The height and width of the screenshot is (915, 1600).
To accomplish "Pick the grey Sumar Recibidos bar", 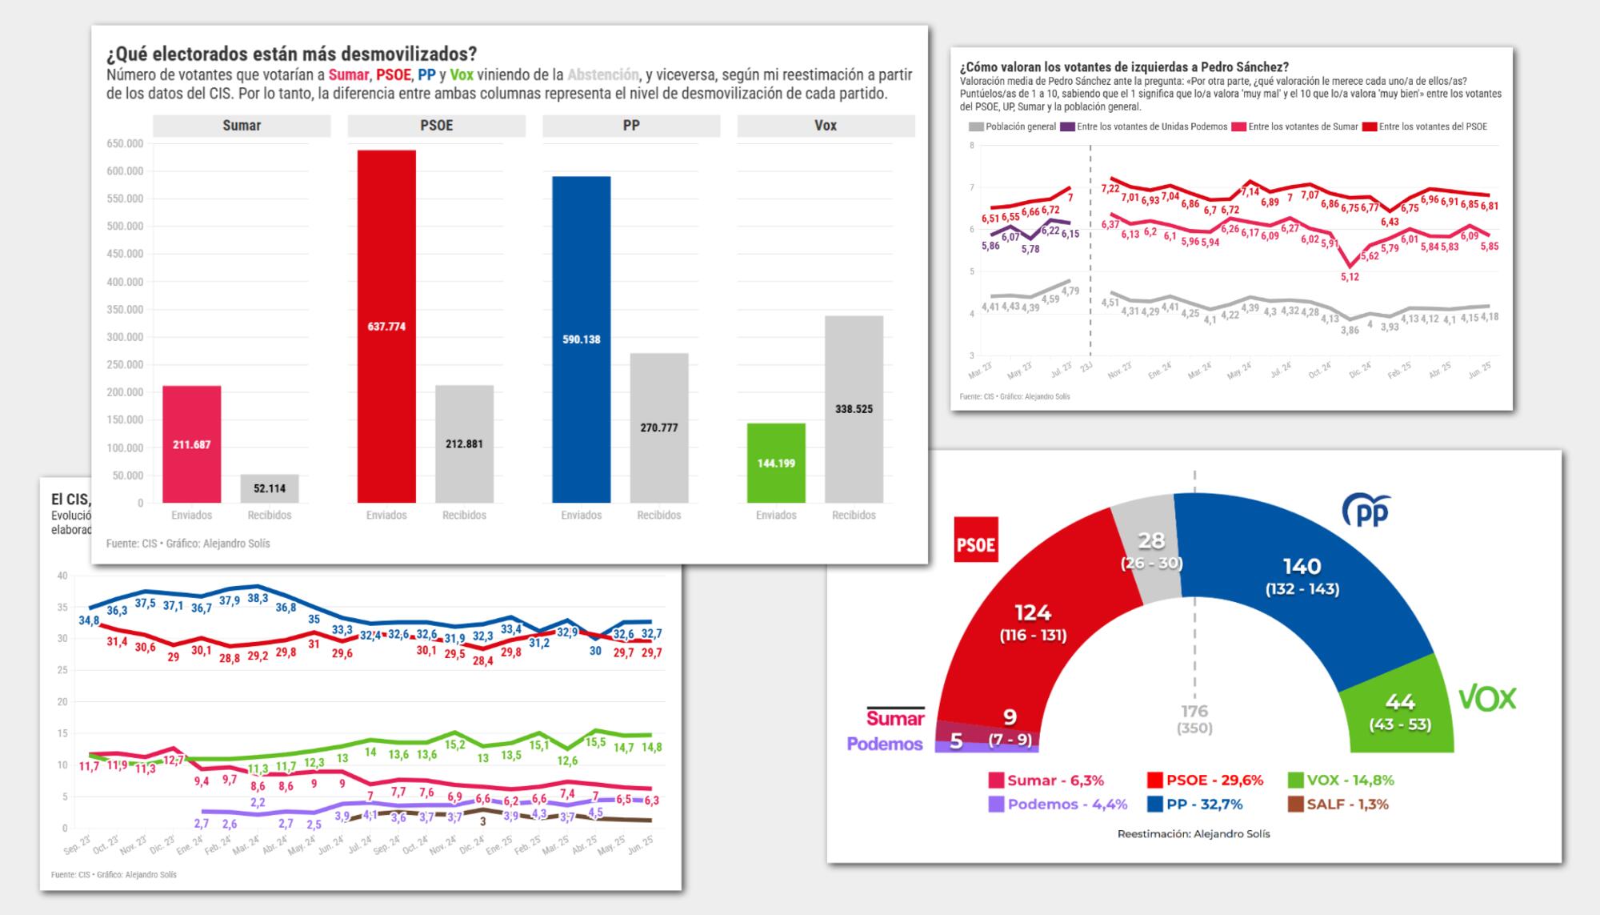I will coord(270,489).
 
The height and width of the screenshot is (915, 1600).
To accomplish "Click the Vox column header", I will coord(826,126).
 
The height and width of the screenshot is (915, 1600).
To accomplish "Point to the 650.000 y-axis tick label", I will coord(124,144).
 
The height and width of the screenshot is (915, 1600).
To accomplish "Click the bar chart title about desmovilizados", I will coord(291,54).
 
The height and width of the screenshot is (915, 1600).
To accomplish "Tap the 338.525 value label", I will coord(854,409).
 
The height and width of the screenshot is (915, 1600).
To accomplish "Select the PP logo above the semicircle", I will coord(1365,510).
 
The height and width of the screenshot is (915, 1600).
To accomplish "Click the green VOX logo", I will coord(1487,699).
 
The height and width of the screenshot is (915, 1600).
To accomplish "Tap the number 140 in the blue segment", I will coord(1302,567).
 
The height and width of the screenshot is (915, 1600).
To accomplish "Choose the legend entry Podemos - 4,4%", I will coord(1055,805).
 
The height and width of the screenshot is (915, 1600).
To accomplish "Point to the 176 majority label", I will coord(1194,711).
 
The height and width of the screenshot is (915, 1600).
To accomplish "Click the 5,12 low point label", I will coord(1350,277).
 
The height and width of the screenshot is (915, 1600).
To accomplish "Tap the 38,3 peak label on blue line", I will coord(258,598).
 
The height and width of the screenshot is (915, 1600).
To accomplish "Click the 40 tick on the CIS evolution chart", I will coord(62,576).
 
